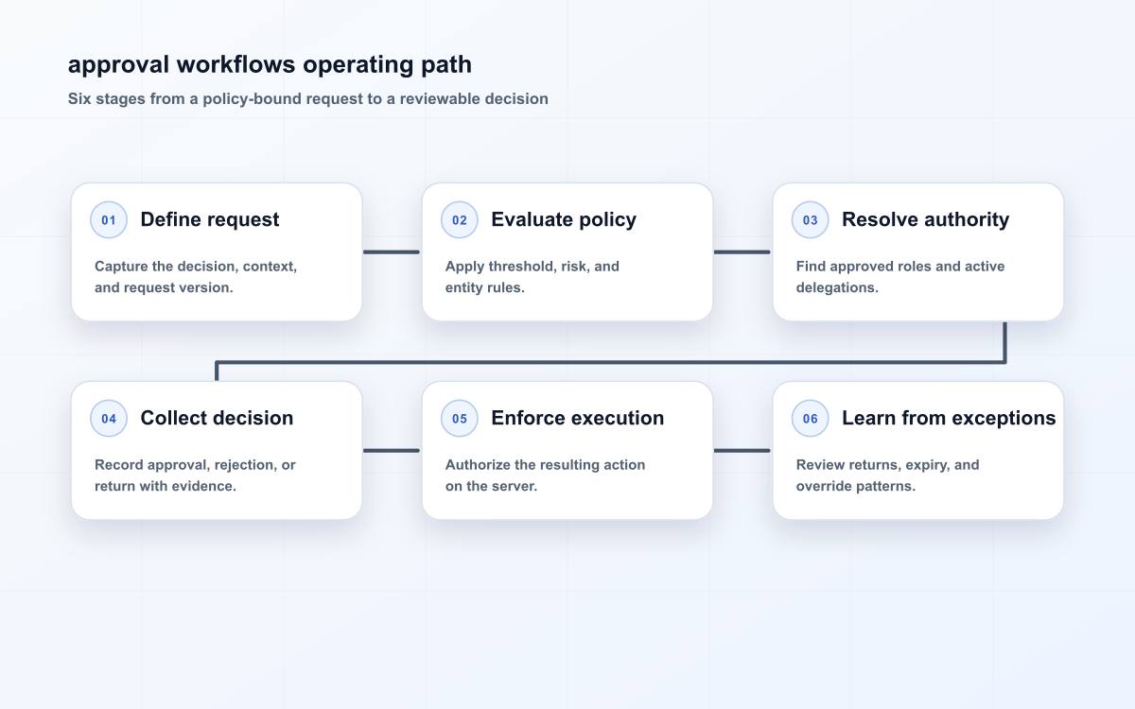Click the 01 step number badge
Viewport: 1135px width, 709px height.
[x=109, y=219]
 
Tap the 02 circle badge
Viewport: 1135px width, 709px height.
[x=459, y=219]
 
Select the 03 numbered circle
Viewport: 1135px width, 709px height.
[x=810, y=219]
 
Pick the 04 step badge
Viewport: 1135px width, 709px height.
[x=109, y=418]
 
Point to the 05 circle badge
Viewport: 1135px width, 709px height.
[x=459, y=418]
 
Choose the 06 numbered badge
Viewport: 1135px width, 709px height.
[x=810, y=418]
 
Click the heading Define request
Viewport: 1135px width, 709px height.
[x=210, y=219]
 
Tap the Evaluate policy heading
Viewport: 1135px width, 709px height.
[x=564, y=219]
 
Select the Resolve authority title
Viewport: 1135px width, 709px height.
[x=925, y=219]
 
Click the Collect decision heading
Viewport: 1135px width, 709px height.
[x=217, y=418]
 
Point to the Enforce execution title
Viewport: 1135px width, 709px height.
[x=577, y=418]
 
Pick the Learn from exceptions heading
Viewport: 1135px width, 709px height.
[x=949, y=418]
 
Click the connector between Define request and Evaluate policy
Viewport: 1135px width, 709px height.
[x=392, y=251]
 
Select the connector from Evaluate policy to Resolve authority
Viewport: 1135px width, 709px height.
[x=742, y=251]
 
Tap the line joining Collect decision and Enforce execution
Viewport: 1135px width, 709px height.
[x=392, y=450]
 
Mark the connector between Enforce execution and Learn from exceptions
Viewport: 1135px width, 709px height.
[x=742, y=450]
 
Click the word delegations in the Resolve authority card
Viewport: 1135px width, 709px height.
[x=837, y=287]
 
